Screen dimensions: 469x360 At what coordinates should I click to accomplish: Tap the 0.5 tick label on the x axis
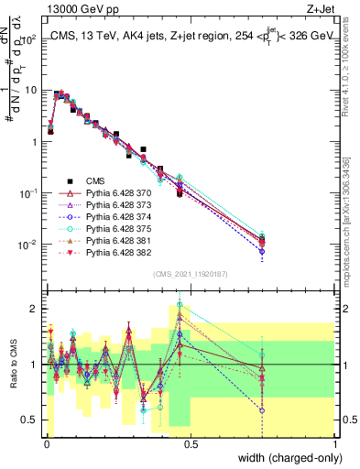(190, 443)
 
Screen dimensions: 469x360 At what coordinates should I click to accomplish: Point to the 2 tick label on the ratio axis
(34, 309)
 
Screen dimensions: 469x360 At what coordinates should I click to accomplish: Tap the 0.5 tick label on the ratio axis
(30, 420)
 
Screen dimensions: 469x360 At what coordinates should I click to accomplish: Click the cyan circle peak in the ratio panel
(180, 303)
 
